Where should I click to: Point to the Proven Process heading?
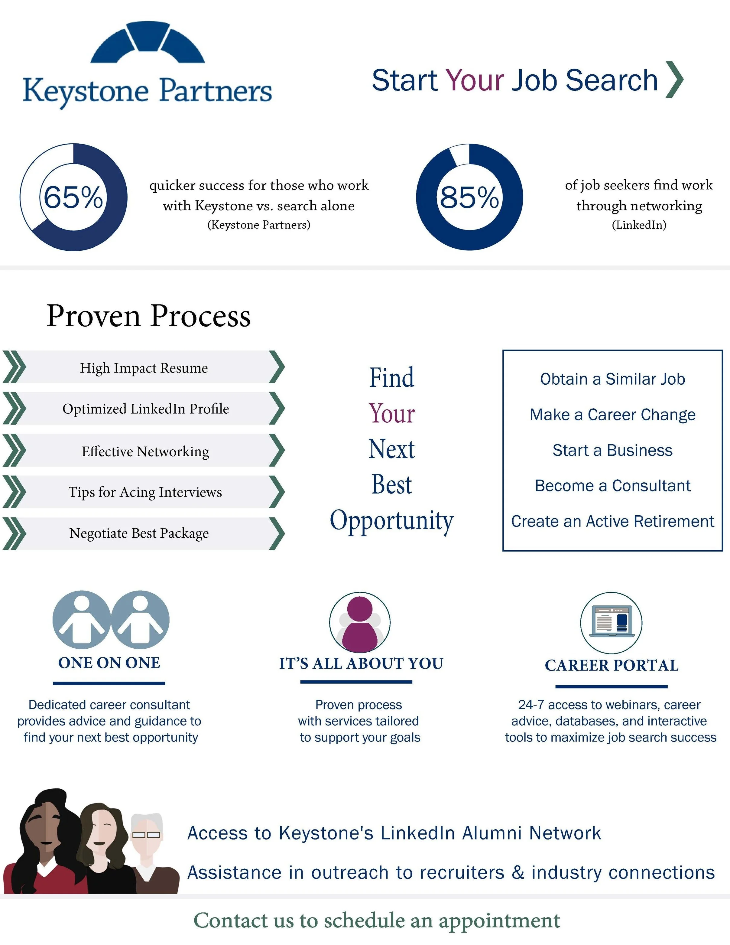[148, 316]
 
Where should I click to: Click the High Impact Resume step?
[144, 368]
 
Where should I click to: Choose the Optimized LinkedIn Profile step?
[145, 409]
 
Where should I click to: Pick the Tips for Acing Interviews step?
[145, 492]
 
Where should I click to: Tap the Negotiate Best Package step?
[139, 533]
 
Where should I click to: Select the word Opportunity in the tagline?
[392, 520]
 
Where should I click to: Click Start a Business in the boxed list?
[612, 451]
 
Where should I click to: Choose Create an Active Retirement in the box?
[612, 521]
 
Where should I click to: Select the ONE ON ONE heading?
[109, 663]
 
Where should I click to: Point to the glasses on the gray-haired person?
[146, 835]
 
